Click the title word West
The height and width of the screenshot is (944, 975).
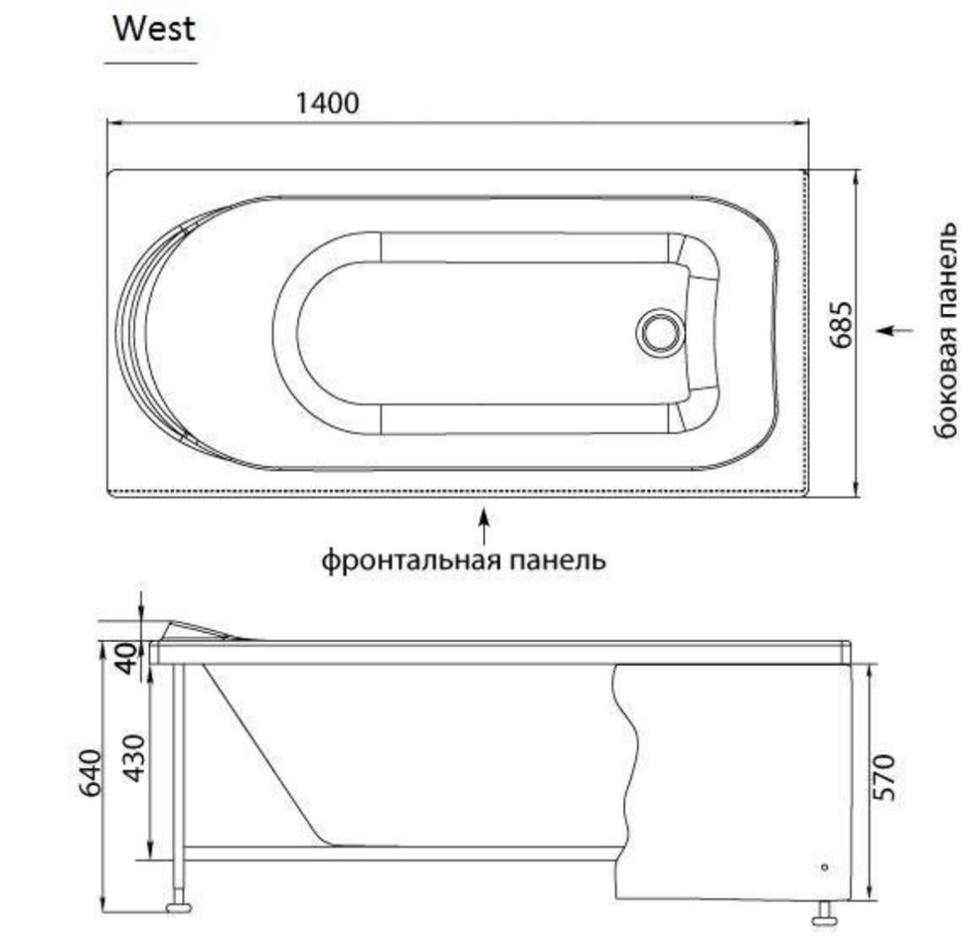tap(154, 29)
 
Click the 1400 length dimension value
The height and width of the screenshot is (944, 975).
tap(327, 102)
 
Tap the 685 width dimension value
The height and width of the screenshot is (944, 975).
tap(841, 325)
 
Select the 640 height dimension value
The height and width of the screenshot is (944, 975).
tap(90, 773)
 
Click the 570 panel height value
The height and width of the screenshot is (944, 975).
tap(884, 777)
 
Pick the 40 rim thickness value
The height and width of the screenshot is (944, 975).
tap(126, 659)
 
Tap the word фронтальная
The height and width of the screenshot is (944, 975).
tap(411, 560)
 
